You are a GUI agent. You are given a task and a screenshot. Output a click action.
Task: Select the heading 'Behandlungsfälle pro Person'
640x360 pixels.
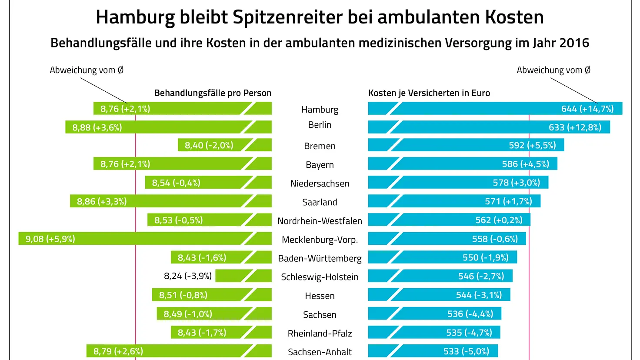[213, 93]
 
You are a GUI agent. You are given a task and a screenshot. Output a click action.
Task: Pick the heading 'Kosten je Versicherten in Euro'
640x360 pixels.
[429, 93]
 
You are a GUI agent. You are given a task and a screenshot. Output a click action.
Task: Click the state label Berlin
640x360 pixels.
[320, 125]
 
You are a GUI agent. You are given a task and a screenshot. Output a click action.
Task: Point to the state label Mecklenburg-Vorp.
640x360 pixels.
[320, 240]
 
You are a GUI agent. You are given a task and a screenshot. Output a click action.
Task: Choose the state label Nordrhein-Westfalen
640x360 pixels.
[320, 221]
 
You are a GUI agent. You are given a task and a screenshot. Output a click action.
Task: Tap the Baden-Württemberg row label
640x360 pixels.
[320, 258]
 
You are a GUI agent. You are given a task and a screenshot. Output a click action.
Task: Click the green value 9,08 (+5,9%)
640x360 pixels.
[50, 239]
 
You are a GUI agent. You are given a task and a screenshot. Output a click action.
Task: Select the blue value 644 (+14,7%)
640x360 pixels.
[587, 109]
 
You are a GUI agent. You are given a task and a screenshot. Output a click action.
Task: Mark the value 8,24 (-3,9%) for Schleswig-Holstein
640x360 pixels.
[188, 276]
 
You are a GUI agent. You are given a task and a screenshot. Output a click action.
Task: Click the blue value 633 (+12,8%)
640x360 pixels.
[575, 127]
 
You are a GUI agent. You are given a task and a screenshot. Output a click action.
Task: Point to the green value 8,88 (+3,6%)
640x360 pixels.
[97, 127]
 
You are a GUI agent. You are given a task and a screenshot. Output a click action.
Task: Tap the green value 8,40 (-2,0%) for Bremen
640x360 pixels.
[209, 145]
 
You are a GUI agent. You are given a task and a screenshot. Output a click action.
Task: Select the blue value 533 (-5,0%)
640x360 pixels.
[466, 351]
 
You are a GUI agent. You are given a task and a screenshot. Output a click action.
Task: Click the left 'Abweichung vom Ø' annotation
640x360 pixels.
[87, 70]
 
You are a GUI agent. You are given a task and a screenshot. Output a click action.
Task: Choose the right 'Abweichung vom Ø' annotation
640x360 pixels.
[553, 70]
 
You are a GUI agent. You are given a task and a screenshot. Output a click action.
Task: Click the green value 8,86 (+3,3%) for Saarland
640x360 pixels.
[102, 201]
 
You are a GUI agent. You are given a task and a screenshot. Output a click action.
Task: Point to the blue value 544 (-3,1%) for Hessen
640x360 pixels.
[479, 295]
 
